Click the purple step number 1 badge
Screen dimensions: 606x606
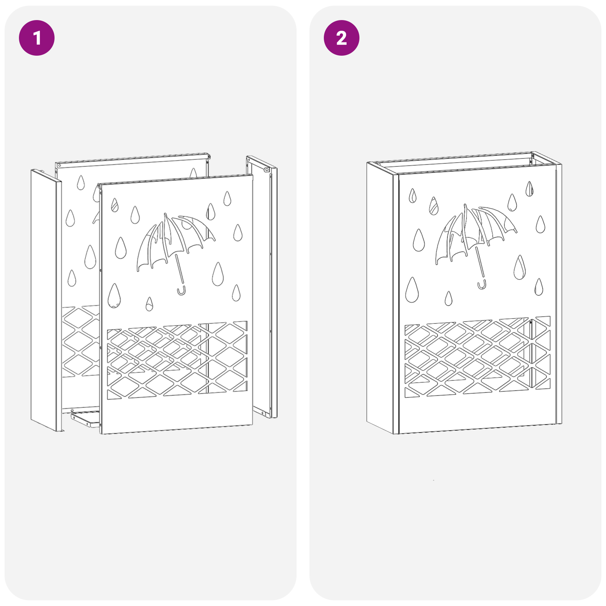pos(37,38)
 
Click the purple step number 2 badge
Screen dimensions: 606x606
pos(341,38)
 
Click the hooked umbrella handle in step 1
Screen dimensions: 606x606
pos(181,291)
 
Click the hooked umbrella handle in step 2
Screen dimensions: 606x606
pos(482,285)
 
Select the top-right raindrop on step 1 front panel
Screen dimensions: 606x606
pos(227,199)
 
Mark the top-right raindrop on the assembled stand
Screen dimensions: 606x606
pos(529,189)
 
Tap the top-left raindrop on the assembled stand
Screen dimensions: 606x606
pos(412,196)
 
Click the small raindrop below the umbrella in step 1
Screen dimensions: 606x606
pos(149,304)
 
